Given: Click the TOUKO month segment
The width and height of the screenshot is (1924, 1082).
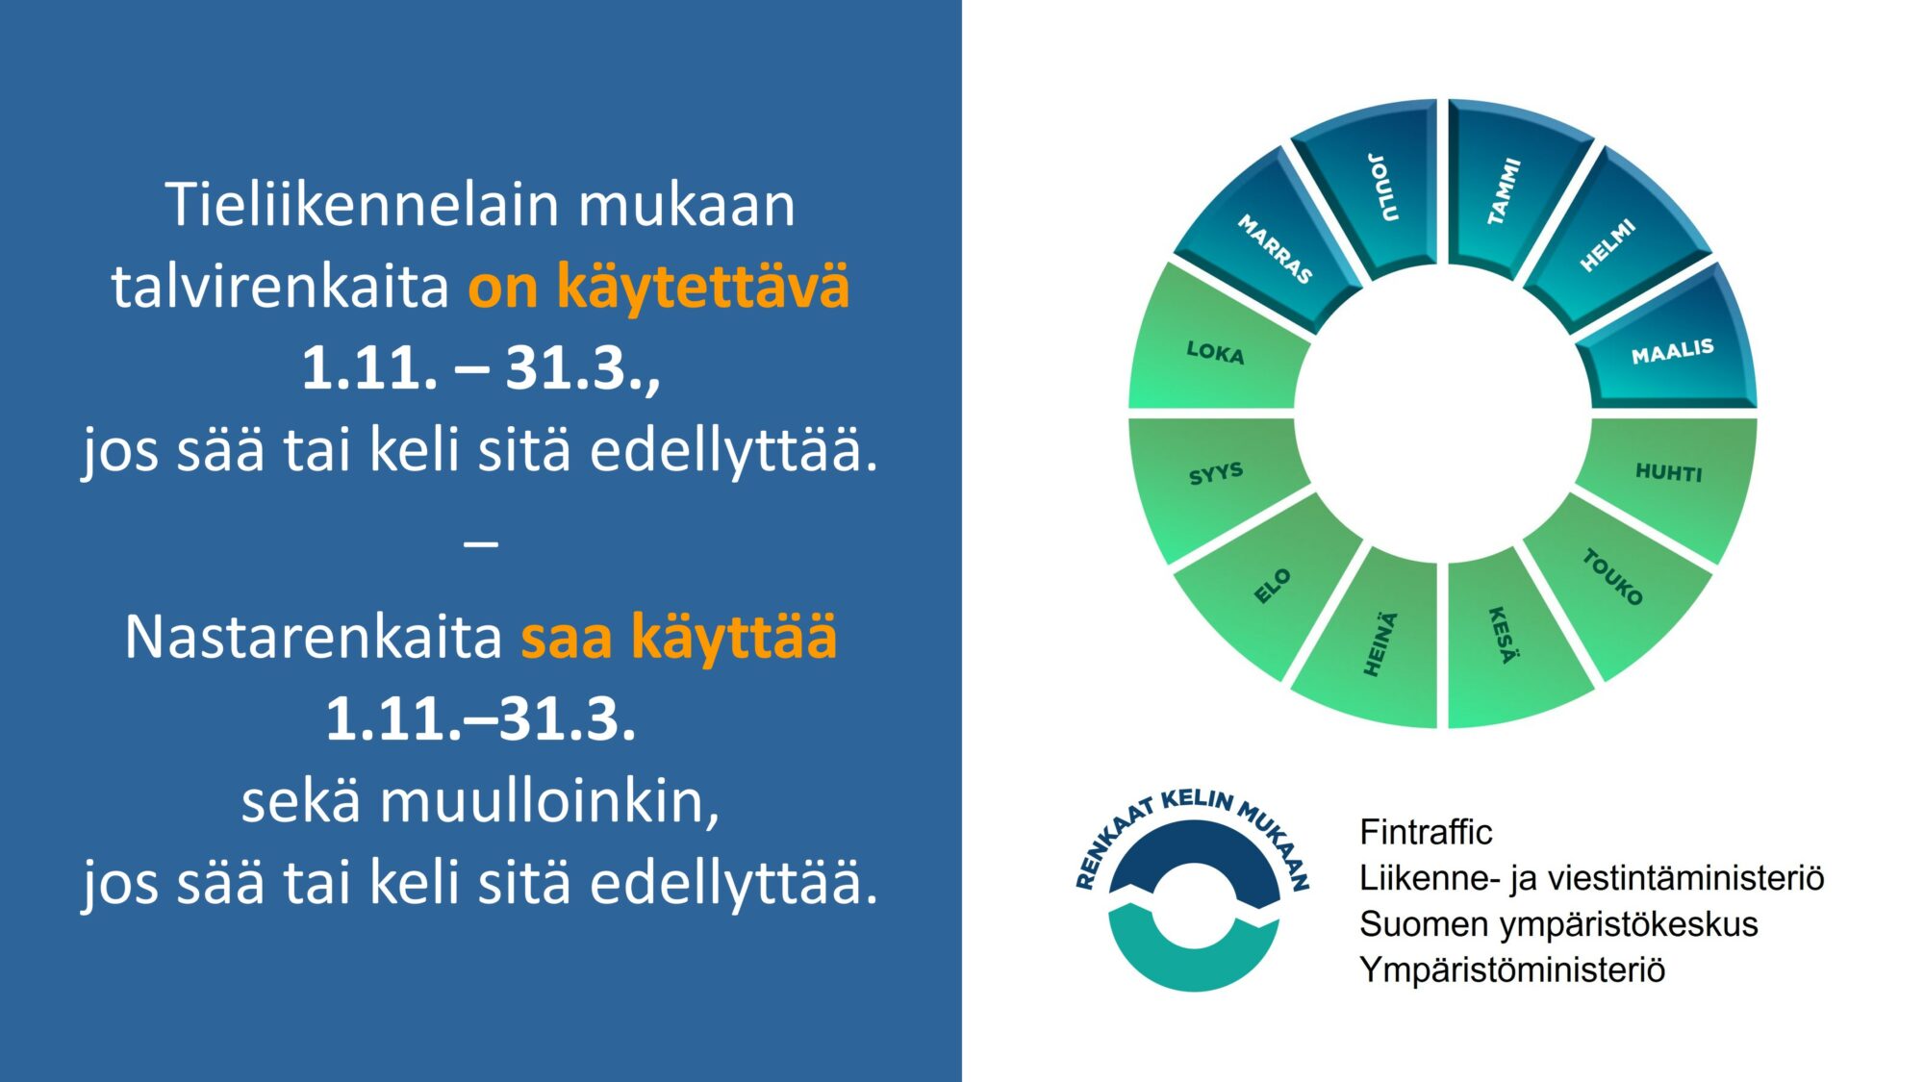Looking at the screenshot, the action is [1616, 582].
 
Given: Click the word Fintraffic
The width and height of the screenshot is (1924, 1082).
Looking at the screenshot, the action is [1426, 832].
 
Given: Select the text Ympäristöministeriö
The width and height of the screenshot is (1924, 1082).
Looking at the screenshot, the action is [1512, 969].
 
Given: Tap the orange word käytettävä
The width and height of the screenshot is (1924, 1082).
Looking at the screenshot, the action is [703, 287].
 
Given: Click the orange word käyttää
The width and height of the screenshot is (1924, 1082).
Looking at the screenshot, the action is [733, 638].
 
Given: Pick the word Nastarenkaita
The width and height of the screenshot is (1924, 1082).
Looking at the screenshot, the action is [314, 637].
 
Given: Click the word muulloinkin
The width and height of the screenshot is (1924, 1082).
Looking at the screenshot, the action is [549, 801].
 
